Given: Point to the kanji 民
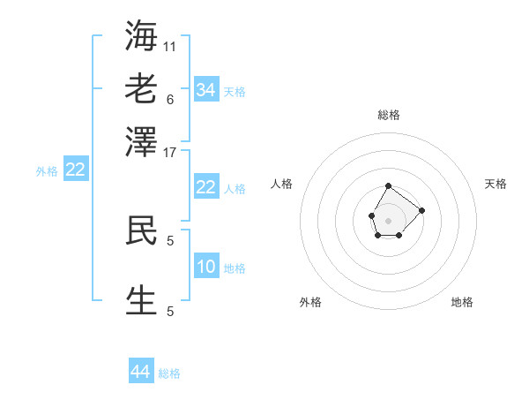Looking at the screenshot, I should pyautogui.click(x=141, y=230).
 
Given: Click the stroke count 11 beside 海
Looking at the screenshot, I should pyautogui.click(x=170, y=46).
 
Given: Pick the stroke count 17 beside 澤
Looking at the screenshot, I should pyautogui.click(x=170, y=152).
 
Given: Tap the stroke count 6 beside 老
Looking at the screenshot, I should pyautogui.click(x=170, y=99).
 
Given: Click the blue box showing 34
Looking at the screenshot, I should pyautogui.click(x=206, y=89).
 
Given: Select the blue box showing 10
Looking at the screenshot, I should pyautogui.click(x=206, y=267).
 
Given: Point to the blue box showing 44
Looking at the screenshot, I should pyautogui.click(x=141, y=373).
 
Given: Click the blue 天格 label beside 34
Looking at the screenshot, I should pyautogui.click(x=235, y=92).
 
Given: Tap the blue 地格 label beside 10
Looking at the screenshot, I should pyautogui.click(x=235, y=268).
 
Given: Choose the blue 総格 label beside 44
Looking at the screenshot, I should pyautogui.click(x=169, y=374).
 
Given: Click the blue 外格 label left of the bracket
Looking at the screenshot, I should pyautogui.click(x=47, y=172).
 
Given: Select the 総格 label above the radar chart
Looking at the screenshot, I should pyautogui.click(x=389, y=115).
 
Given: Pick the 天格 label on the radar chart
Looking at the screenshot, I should pyautogui.click(x=496, y=184).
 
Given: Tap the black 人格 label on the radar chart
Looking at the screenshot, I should pyautogui.click(x=282, y=184).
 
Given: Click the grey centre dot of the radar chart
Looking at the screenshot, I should pyautogui.click(x=389, y=219).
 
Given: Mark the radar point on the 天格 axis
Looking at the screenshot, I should pyautogui.click(x=422, y=210).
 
